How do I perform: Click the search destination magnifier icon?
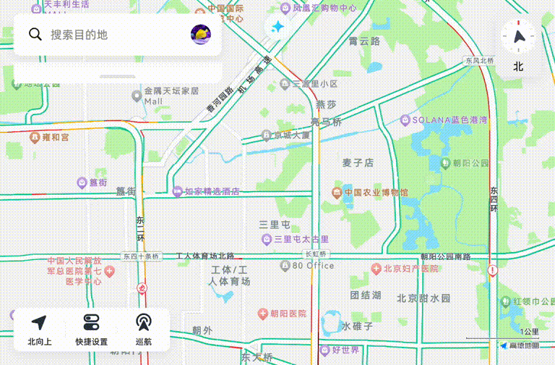(x=35, y=34)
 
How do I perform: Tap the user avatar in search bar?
(x=200, y=33)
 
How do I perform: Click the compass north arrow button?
(x=518, y=36)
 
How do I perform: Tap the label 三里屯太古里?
(x=301, y=239)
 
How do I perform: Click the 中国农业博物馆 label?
(x=375, y=193)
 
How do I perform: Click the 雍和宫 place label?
(x=55, y=137)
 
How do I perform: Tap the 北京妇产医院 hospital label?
(x=410, y=269)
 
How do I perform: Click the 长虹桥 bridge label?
(x=317, y=254)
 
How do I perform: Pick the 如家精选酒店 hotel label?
(x=211, y=192)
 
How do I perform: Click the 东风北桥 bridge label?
(x=480, y=61)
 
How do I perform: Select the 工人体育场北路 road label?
(x=205, y=256)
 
